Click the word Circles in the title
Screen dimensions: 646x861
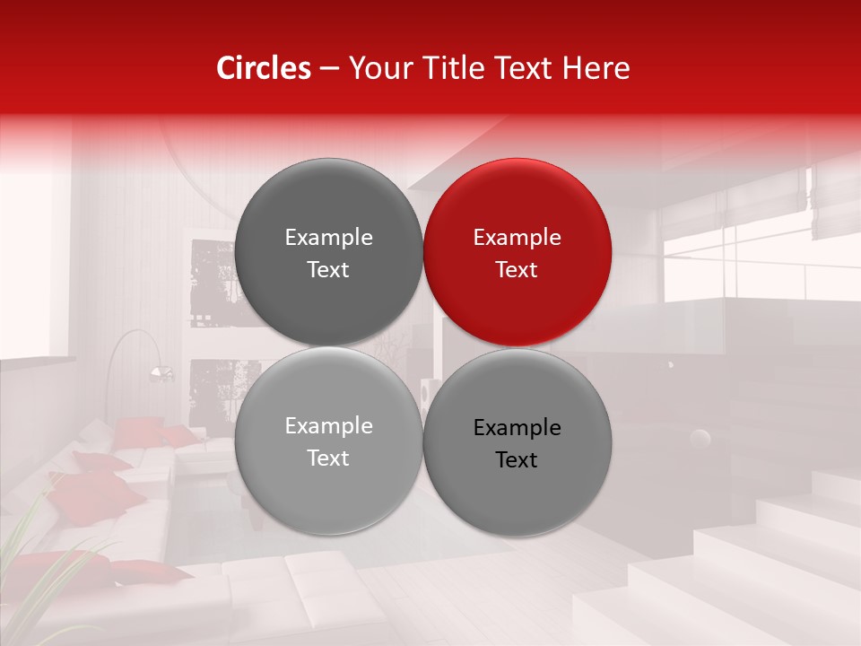click(x=263, y=68)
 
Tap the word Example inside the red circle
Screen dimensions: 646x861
click(x=517, y=238)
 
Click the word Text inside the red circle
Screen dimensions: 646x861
click(x=517, y=270)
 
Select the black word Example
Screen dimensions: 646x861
click(x=517, y=428)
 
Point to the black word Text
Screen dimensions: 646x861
click(x=517, y=460)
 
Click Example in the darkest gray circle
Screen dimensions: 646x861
click(x=328, y=238)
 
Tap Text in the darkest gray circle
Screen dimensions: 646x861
click(x=328, y=270)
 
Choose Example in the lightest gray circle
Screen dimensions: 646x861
click(x=328, y=426)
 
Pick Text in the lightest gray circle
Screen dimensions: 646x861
click(x=328, y=458)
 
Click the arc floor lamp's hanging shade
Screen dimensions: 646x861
click(x=161, y=372)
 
